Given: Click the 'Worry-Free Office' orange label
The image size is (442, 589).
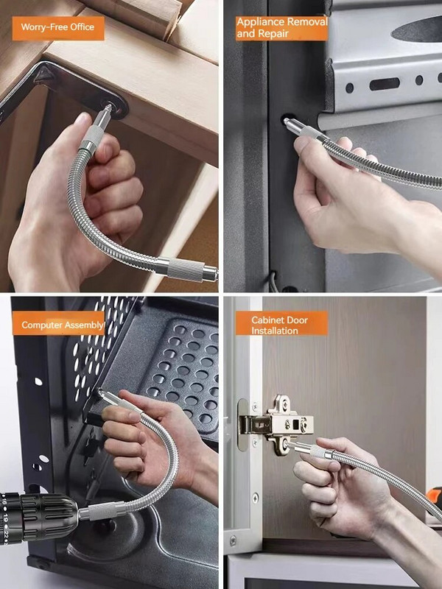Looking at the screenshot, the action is pos(58,28).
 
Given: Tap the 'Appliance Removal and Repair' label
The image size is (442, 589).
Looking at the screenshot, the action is pos(282,28).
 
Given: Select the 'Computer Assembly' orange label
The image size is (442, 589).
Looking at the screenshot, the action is pos(58,323).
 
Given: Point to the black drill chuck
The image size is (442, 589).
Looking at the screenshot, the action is pos(38,517).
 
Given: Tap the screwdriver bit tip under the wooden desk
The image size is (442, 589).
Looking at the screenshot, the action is pos(108,109).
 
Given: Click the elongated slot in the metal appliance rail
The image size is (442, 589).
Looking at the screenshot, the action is pos(384,84).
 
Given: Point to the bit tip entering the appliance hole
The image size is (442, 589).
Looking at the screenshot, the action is pos(287,121).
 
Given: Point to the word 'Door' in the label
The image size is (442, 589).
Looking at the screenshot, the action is pos(298,320).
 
